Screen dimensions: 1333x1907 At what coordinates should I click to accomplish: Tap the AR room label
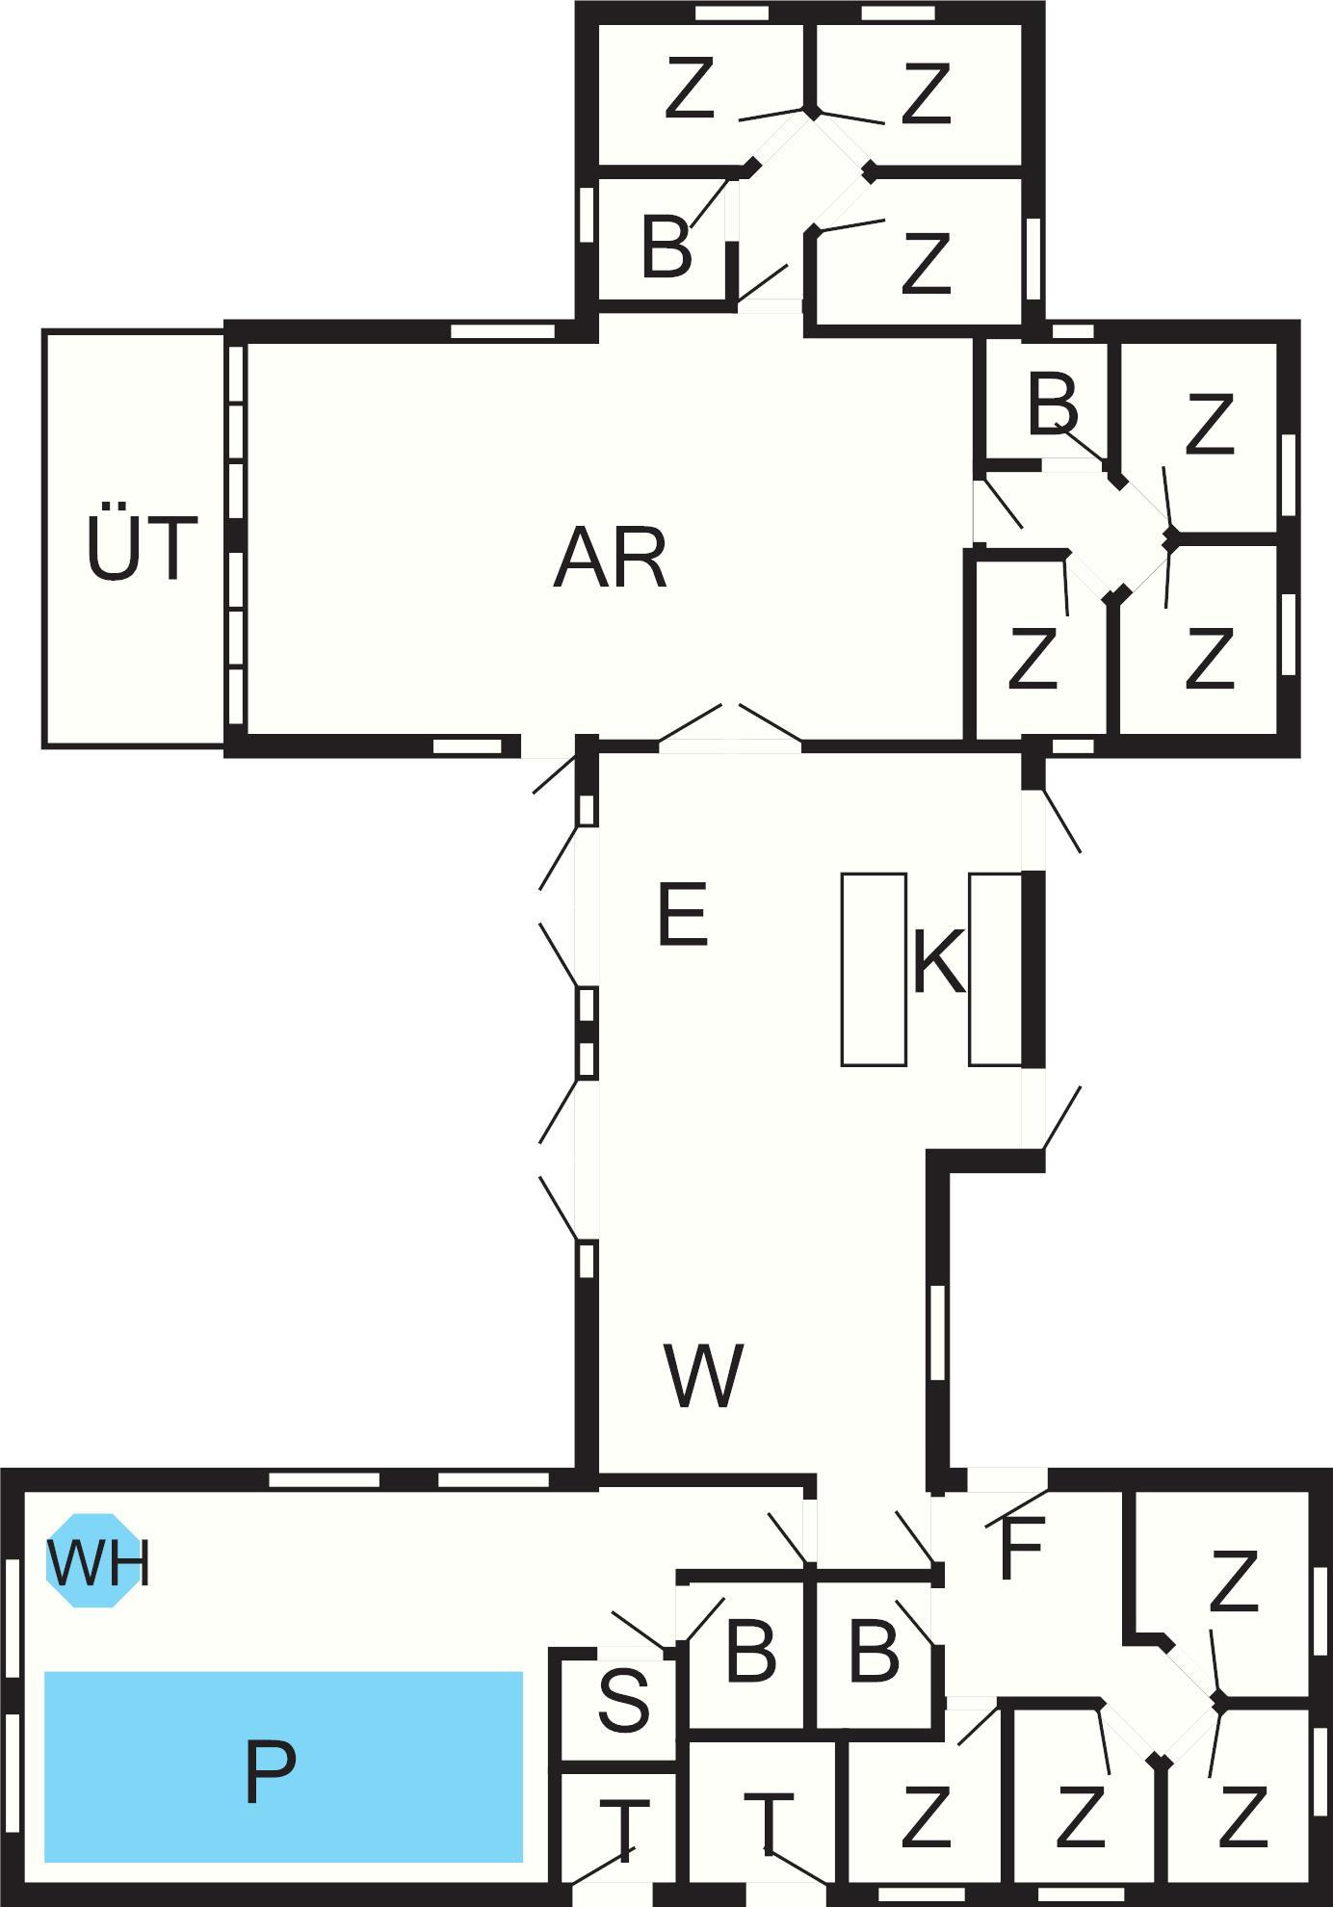(x=611, y=559)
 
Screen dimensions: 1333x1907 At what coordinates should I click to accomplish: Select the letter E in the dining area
(x=683, y=914)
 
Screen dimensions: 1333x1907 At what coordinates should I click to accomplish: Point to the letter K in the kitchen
(x=938, y=961)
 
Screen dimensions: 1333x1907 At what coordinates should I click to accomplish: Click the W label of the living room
(x=703, y=1374)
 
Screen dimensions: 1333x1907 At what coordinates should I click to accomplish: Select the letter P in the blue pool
(x=270, y=1772)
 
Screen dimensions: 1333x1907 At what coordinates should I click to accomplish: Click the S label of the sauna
(x=623, y=1700)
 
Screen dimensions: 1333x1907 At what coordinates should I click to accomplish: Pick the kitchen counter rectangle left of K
(x=874, y=969)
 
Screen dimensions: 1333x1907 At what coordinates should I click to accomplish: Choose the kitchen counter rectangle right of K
(x=995, y=969)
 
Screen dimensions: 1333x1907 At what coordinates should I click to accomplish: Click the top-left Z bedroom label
(x=690, y=89)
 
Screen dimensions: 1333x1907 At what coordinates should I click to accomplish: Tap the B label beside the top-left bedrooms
(x=666, y=246)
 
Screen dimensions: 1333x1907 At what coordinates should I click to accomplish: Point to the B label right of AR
(x=1053, y=405)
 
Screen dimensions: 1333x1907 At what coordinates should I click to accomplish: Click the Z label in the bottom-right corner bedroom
(x=1242, y=1817)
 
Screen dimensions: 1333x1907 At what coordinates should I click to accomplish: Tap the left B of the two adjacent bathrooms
(x=751, y=1653)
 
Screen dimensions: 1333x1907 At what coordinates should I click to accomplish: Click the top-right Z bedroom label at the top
(x=926, y=93)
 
